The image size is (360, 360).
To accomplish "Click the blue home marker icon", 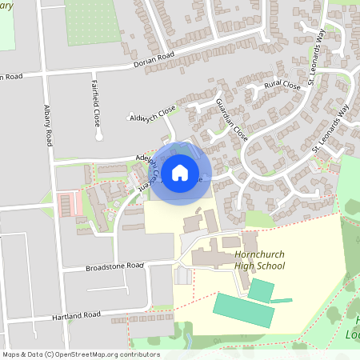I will tap(180, 172).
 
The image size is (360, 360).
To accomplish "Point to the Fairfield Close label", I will tap(95, 98).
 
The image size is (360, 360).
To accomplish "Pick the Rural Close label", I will tap(282, 85).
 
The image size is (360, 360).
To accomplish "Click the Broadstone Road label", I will tap(114, 266).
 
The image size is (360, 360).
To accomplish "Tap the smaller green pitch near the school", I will tap(260, 290).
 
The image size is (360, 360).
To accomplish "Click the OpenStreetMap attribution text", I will tap(80, 354).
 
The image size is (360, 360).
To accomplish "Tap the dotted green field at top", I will tap(90, 20).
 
